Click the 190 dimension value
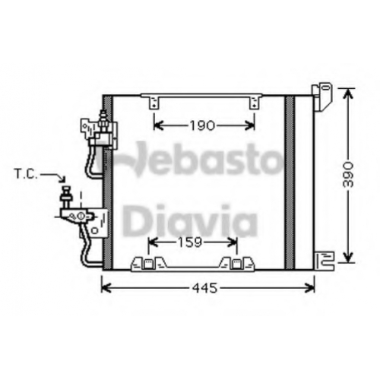202,125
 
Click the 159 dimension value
190,242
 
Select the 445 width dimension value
204,288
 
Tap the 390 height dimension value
348,175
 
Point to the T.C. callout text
26,175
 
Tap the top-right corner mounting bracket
321,97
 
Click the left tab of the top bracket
154,103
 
